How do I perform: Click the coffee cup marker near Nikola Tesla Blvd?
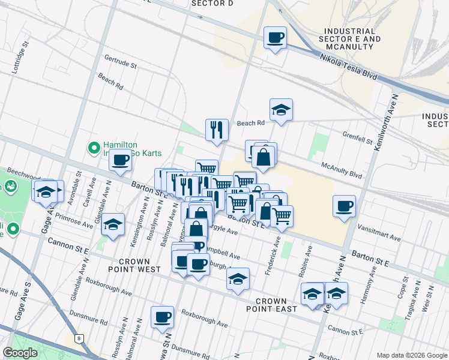tap(275, 38)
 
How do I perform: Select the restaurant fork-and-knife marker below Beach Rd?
tap(217, 129)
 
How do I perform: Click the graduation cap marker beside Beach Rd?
tap(281, 110)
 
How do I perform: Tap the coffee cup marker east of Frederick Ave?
tap(345, 206)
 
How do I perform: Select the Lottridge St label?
tap(20, 58)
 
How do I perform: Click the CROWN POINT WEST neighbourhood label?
tap(139, 265)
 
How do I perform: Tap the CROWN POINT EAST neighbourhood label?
tap(276, 305)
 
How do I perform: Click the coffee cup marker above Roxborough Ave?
tap(162, 317)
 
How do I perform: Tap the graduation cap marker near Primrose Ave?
tap(113, 224)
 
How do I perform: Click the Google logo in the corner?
tap(20, 353)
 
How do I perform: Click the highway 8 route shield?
tap(79, 338)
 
